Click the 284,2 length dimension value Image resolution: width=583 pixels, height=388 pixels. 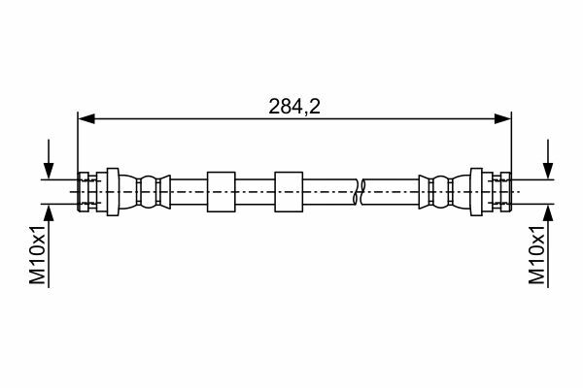coord(294,107)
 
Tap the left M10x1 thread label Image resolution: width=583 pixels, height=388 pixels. coord(38,254)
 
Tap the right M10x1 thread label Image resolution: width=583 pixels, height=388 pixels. coord(537,254)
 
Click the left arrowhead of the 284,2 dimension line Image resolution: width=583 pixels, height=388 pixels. coord(86,118)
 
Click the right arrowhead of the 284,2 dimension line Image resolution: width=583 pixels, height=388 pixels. coord(502,118)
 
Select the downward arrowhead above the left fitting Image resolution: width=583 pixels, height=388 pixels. coord(49,171)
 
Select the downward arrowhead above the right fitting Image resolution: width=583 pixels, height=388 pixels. coord(548,171)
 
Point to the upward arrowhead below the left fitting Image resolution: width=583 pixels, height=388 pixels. coord(49,212)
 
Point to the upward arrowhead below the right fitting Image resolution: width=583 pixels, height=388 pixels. coord(548,212)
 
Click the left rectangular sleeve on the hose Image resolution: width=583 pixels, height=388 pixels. coord(222,192)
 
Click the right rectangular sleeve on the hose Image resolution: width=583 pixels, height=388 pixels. coord(289,192)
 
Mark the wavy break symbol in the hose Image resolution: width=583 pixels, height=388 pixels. coord(360,192)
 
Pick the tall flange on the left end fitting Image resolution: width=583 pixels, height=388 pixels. coord(113,192)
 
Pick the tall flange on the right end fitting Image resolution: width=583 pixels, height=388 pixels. coord(476,192)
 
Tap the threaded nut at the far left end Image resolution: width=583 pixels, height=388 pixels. coord(84,192)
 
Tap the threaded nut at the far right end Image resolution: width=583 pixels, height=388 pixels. coord(505,192)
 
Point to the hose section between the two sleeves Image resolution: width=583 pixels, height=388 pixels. coord(255,192)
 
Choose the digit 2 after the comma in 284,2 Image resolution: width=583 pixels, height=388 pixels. coord(314,107)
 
